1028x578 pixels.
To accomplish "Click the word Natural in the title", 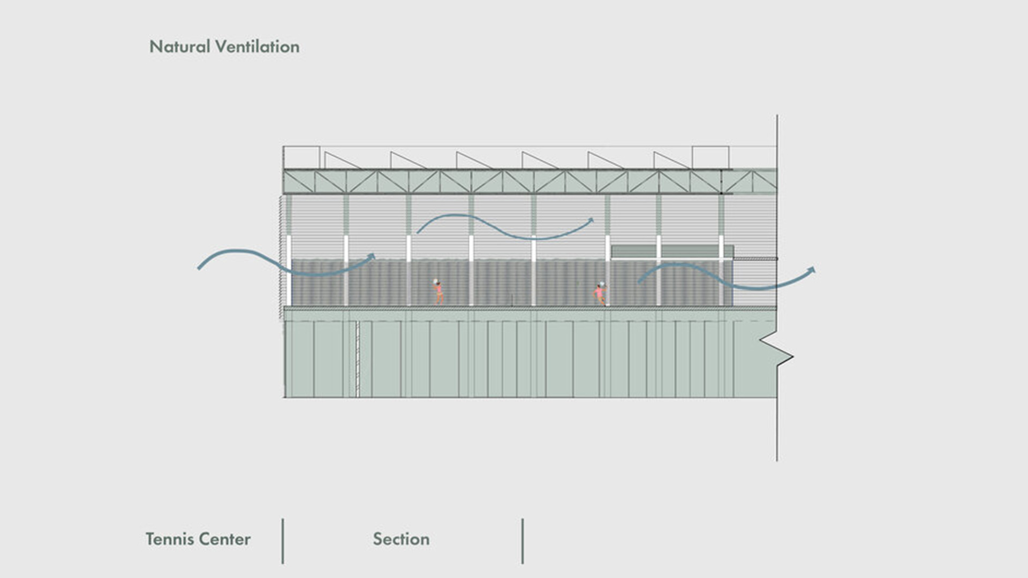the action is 179,47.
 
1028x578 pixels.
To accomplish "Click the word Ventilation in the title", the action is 258,47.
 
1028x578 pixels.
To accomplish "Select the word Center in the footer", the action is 225,539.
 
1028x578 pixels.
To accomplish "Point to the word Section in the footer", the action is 401,539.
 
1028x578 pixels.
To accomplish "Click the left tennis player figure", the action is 438,292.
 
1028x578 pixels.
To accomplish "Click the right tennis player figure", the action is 600,294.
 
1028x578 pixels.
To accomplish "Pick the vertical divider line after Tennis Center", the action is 283,541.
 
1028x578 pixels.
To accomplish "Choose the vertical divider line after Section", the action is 523,541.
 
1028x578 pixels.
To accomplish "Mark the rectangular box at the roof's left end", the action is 301,157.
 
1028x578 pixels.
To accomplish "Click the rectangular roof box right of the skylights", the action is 710,157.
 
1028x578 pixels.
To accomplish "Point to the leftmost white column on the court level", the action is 289,270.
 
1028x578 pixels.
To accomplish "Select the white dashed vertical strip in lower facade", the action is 358,359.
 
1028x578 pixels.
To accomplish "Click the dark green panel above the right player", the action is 672,252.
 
